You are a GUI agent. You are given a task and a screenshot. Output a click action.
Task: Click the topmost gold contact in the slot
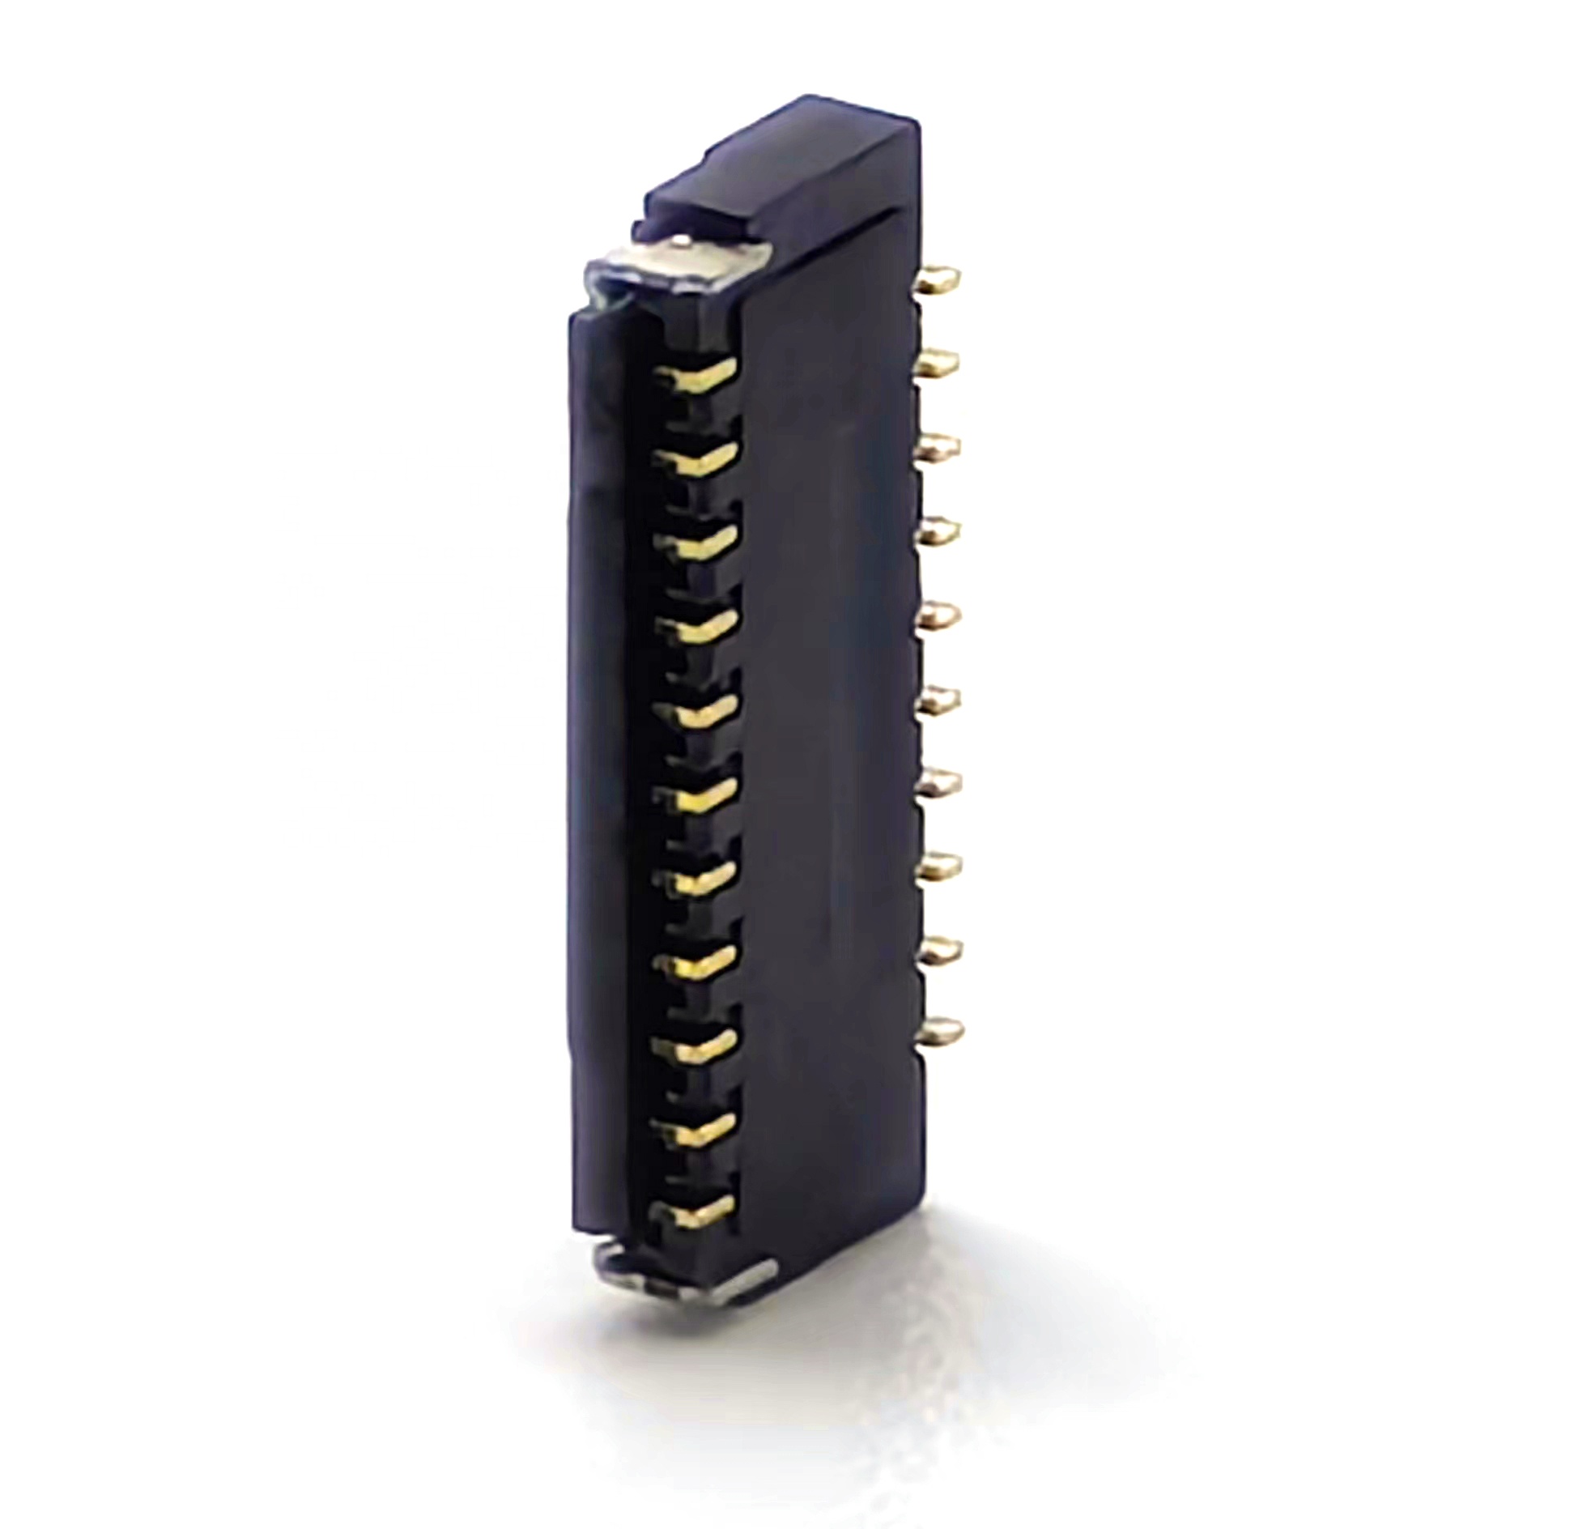coord(698,373)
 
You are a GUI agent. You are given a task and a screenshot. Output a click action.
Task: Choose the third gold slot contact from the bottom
coord(698,1047)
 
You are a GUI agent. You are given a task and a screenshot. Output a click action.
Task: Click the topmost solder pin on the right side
coord(941,280)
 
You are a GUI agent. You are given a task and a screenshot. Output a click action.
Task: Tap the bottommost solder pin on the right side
coord(942,1031)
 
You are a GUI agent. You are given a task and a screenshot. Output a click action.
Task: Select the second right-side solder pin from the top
coord(939,360)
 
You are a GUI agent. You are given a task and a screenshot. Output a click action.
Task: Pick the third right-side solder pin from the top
coord(939,444)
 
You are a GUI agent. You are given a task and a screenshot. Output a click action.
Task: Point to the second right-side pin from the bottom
coord(941,949)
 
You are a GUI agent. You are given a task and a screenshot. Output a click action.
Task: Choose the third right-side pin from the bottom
coord(941,867)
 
